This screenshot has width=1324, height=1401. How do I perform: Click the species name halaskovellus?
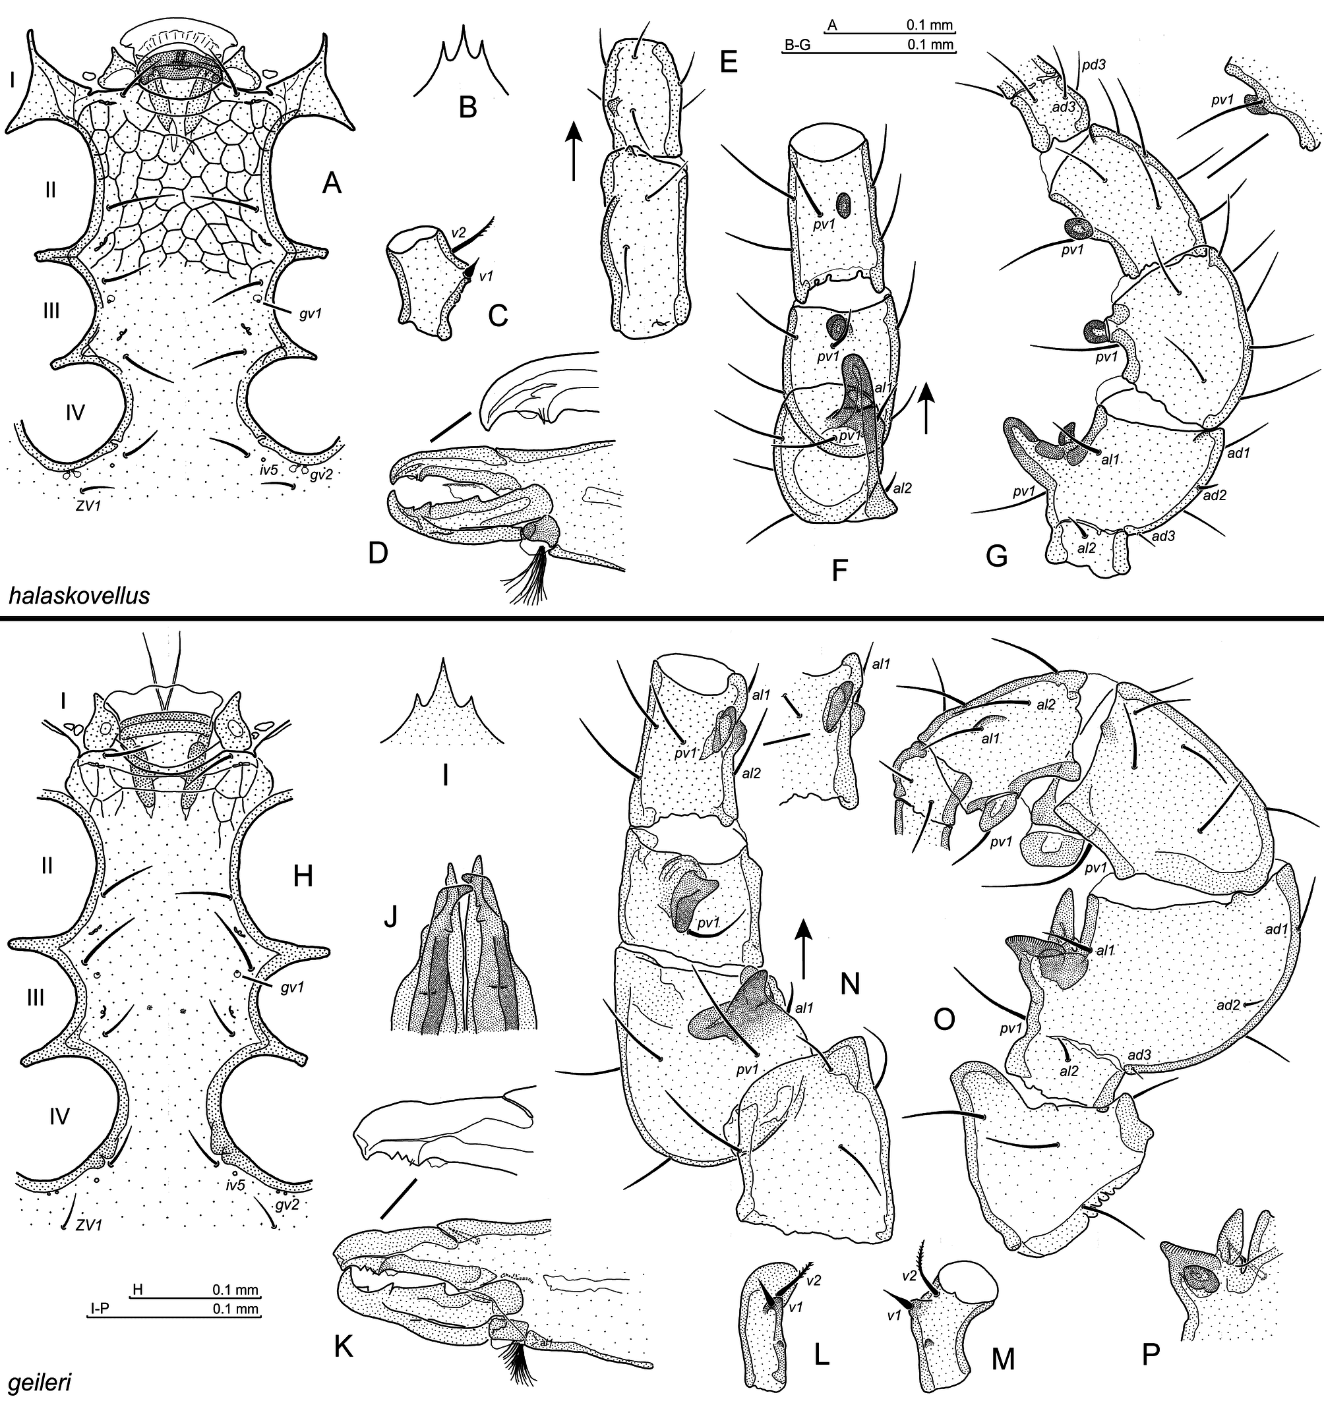(80, 596)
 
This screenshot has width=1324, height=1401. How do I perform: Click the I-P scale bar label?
(99, 1310)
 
